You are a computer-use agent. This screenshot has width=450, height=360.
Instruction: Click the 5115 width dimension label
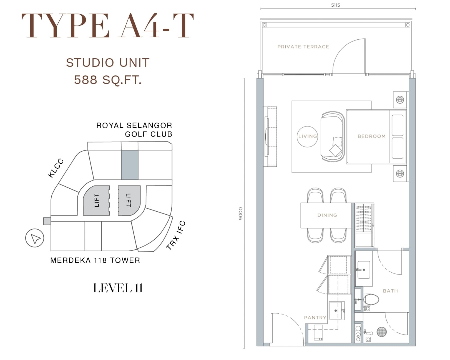coord(335,5)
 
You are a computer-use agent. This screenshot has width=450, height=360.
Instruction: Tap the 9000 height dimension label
coord(241,214)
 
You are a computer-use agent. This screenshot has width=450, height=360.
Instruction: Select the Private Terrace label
coord(303,47)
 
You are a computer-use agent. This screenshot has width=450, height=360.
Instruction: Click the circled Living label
coord(307,136)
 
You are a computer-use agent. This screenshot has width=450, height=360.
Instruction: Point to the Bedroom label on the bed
coord(371,136)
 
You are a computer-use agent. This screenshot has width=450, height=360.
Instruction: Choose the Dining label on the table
coord(327,215)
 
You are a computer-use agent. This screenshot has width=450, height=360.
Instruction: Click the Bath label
coord(390,291)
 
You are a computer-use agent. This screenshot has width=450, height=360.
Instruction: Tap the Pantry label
coord(315,318)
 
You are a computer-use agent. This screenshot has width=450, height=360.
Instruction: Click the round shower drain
coord(381,332)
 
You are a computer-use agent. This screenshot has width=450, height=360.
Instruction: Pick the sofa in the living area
coord(333,136)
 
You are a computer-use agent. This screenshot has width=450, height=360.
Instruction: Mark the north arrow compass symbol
coord(35,238)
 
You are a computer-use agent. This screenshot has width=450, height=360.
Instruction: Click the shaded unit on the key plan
coord(129,165)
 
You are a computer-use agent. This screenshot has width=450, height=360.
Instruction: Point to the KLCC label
coord(56,168)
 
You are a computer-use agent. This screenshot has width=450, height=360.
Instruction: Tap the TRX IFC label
coord(175,235)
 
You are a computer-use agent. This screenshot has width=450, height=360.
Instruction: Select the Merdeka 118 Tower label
coord(95,260)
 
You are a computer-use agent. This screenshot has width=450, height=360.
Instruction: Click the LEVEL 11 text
coord(118,288)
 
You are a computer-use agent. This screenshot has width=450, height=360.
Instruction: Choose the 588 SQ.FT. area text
coord(108,80)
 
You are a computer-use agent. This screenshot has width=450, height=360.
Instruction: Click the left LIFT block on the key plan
coord(96,200)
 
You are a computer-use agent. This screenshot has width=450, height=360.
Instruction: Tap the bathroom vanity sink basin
coord(364,270)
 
